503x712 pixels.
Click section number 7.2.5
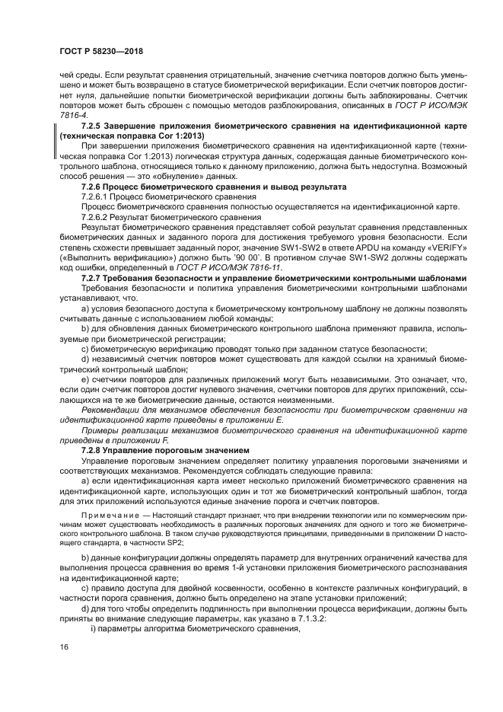[94, 123]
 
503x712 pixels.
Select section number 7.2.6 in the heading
[94, 187]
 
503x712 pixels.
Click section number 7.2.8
[94, 451]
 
